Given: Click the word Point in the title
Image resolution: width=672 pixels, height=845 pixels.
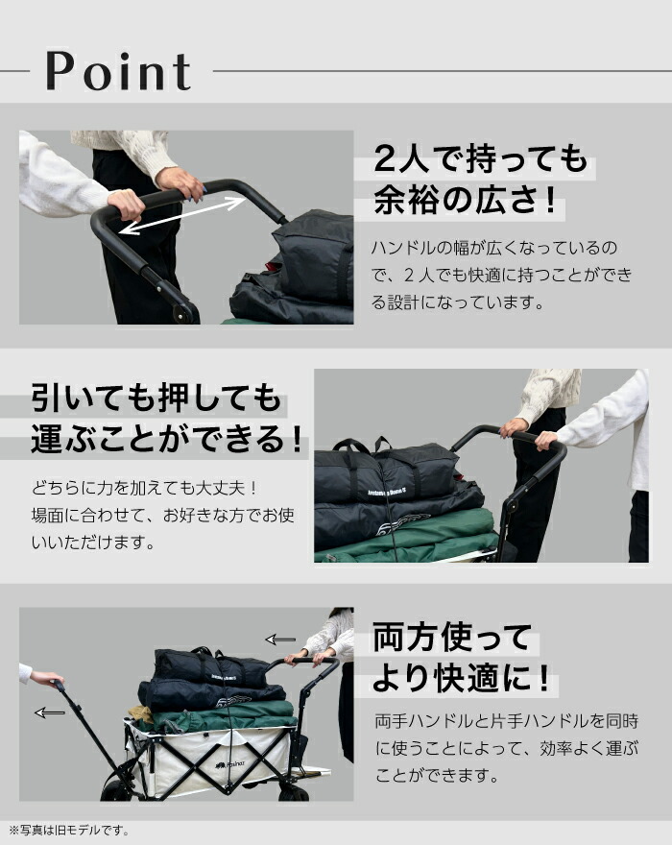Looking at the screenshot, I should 117,72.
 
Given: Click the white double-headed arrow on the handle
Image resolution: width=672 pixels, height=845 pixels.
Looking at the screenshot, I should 180,214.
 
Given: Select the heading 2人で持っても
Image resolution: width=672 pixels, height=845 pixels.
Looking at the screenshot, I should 480,158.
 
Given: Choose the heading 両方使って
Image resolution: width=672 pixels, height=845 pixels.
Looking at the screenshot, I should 451,637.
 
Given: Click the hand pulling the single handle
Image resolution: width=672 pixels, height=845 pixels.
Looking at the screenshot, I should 44,678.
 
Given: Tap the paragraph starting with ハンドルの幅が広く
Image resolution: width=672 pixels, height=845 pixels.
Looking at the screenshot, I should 501,276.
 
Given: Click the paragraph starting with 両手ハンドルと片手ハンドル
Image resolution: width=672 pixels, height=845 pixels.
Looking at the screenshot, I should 505,747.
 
